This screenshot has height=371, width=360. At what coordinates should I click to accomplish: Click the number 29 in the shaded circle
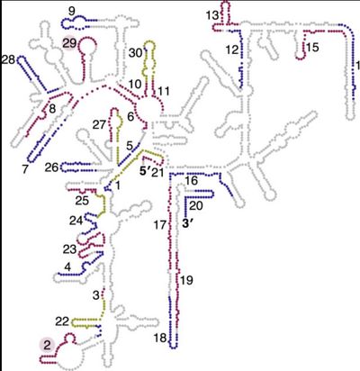(x=69, y=43)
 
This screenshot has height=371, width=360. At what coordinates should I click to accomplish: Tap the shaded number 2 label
(x=47, y=346)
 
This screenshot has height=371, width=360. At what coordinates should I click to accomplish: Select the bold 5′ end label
(x=144, y=172)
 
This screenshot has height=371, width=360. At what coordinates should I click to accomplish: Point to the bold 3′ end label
(x=187, y=223)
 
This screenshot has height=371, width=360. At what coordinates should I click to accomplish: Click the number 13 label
(x=212, y=15)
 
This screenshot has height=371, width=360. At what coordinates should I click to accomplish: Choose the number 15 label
(x=312, y=47)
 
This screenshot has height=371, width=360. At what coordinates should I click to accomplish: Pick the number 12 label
(x=232, y=50)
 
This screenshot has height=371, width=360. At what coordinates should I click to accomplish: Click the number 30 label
(x=136, y=53)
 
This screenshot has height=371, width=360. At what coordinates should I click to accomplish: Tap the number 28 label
(x=8, y=59)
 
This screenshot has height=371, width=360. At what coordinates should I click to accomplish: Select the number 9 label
(x=72, y=12)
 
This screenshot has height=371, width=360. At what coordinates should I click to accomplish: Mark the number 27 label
(x=99, y=124)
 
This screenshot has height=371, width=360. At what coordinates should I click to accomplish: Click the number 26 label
(x=51, y=167)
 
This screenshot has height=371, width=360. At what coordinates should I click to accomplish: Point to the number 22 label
(x=62, y=321)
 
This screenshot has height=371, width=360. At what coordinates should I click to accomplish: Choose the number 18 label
(x=160, y=338)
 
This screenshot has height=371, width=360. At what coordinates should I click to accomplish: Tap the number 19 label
(x=186, y=280)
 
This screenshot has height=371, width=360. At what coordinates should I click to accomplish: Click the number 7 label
(x=25, y=169)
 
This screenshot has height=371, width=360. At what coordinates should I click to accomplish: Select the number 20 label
(x=196, y=205)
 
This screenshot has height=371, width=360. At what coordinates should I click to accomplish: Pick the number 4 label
(x=68, y=267)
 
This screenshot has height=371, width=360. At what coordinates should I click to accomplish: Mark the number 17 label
(x=160, y=225)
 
